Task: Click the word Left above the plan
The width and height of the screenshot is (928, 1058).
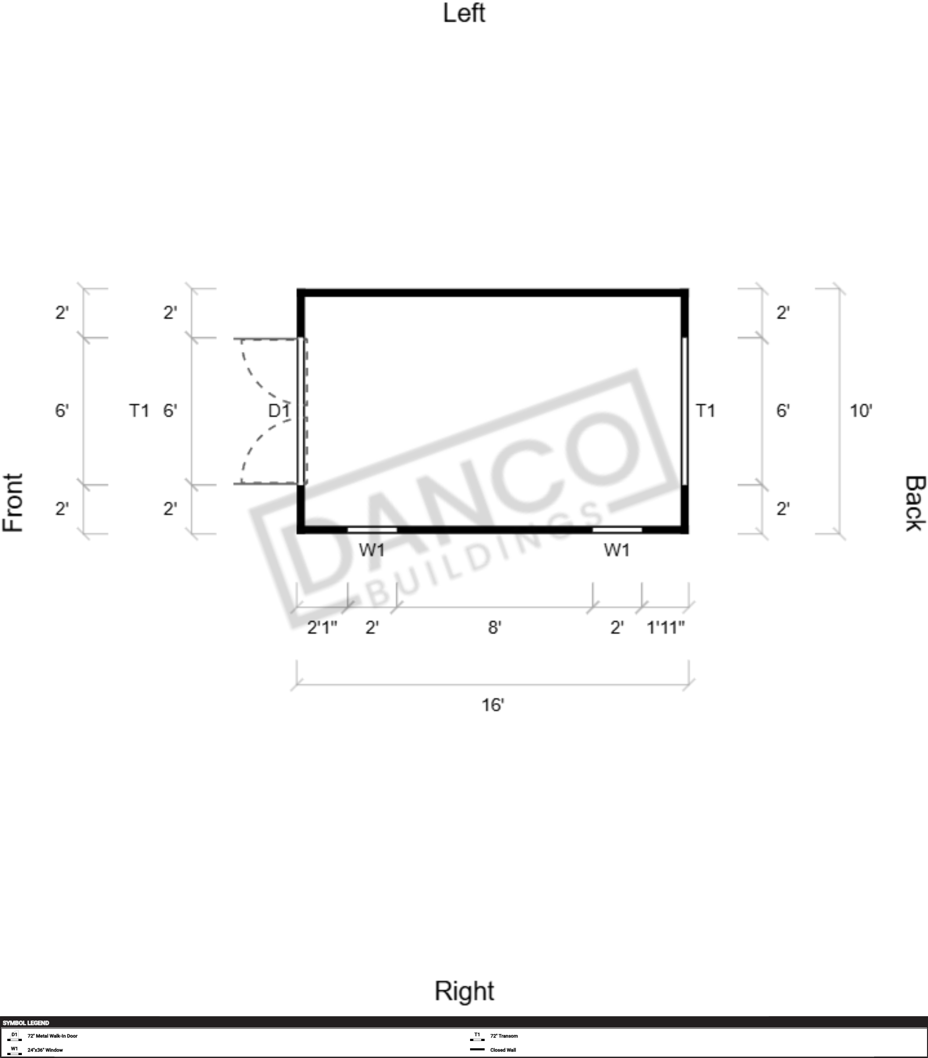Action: [x=464, y=14]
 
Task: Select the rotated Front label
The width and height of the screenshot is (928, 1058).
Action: [x=14, y=502]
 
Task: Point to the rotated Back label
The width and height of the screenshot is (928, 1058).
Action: [x=914, y=503]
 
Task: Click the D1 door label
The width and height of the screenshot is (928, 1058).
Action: [x=279, y=411]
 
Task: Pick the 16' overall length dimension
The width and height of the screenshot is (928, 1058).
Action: [x=492, y=705]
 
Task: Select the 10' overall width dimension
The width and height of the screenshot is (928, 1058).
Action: [x=861, y=411]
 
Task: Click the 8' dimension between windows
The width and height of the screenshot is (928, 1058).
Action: [x=494, y=627]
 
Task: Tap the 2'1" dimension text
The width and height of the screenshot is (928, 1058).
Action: [x=322, y=627]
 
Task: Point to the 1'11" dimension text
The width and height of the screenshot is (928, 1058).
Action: [x=666, y=627]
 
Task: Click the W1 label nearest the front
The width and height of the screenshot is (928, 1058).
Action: [x=372, y=550]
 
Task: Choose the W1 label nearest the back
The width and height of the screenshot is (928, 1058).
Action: [x=617, y=550]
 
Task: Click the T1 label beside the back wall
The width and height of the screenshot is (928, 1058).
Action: [x=706, y=411]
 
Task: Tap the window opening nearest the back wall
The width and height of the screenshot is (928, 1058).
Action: [x=617, y=530]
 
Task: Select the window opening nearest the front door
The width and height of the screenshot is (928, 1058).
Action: [x=372, y=530]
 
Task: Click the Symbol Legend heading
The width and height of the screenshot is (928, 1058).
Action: [x=26, y=1023]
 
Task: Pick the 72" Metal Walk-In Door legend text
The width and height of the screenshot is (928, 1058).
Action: [x=52, y=1036]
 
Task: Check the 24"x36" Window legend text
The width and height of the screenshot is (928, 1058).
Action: [x=45, y=1050]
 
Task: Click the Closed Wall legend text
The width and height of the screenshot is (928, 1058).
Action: [x=503, y=1050]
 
